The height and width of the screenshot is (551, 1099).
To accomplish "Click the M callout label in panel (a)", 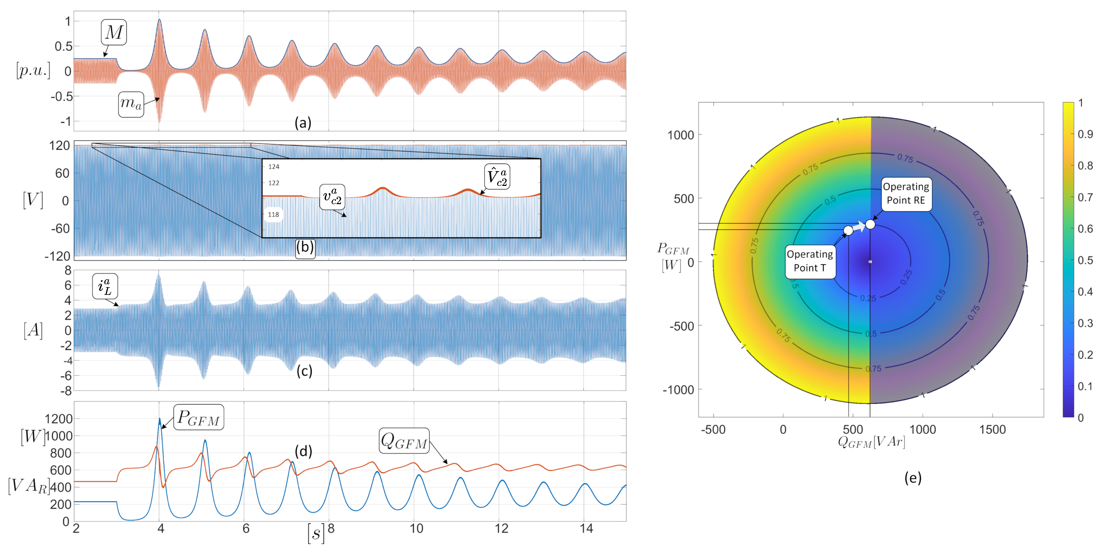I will tap(113, 32).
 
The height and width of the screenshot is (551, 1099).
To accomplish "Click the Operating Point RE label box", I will tap(906, 194).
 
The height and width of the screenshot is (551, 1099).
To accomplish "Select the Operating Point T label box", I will tap(810, 261).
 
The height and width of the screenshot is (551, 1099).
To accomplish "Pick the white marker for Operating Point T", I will tap(848, 230).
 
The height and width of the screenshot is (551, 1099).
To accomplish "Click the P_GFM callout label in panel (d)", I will tap(198, 417).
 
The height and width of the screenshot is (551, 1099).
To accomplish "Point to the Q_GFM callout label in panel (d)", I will tap(404, 441).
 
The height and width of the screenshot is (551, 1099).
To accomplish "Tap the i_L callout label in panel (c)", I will tap(105, 286).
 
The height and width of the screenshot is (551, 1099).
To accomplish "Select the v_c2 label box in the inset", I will tap(332, 197).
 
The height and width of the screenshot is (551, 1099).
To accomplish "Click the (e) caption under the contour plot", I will tap(913, 478).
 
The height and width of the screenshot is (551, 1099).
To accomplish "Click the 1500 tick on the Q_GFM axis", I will tap(992, 430).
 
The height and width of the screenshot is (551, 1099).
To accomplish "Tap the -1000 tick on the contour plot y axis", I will tap(678, 389).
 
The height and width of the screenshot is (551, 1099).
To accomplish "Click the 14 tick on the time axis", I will tap(586, 529).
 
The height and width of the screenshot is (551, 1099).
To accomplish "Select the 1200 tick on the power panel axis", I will tap(59, 419).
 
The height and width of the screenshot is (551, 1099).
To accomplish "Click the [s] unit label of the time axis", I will tap(316, 533).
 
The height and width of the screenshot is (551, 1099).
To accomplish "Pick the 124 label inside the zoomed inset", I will tap(273, 167).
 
